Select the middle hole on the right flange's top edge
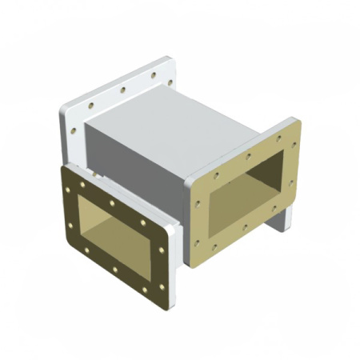[x=249, y=153]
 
